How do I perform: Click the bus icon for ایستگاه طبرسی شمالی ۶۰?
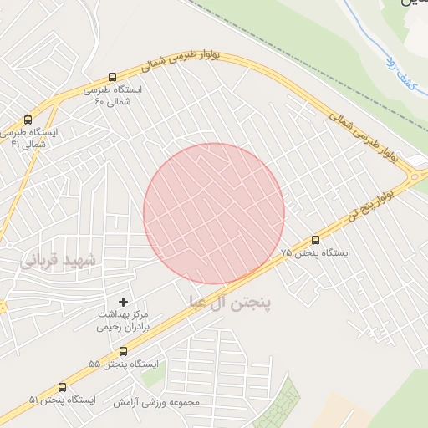(114, 76)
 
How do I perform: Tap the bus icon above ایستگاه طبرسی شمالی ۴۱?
(28, 120)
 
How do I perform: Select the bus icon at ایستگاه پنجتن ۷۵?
(315, 240)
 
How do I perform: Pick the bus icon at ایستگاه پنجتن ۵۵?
(124, 351)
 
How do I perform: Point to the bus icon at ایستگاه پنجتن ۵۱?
(63, 387)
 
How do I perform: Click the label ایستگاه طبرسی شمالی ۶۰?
(114, 94)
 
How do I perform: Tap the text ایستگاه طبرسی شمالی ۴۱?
(29, 138)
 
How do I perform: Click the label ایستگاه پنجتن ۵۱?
(63, 400)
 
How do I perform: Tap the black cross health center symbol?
(124, 301)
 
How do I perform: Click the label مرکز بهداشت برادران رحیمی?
(123, 320)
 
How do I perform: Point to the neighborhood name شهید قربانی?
(59, 261)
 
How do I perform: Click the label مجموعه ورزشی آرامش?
(158, 402)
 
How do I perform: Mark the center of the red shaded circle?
(214, 213)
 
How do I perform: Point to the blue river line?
(368, 33)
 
